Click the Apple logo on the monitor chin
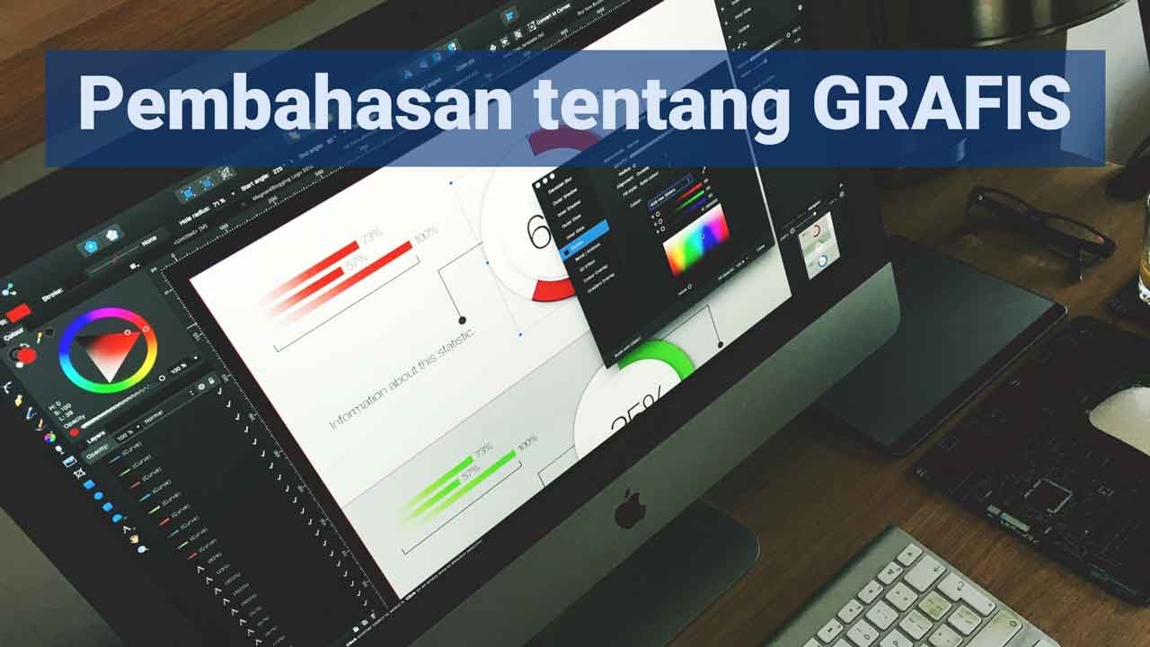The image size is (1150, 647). [x=630, y=509]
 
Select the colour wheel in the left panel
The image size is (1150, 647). [x=108, y=350]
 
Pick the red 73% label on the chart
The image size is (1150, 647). [x=371, y=235]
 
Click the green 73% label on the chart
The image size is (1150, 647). [x=483, y=448]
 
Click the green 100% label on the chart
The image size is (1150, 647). [x=526, y=442]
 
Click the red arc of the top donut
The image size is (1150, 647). [x=553, y=288]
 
